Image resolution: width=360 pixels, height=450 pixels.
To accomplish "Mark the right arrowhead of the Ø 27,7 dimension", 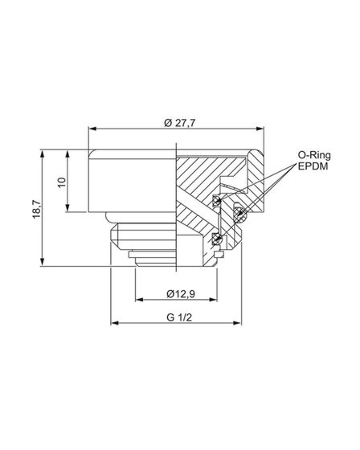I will click(264, 129).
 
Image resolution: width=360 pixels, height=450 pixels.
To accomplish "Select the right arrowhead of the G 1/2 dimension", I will click(242, 324).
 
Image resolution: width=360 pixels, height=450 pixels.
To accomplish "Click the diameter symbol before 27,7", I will click(166, 121).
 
